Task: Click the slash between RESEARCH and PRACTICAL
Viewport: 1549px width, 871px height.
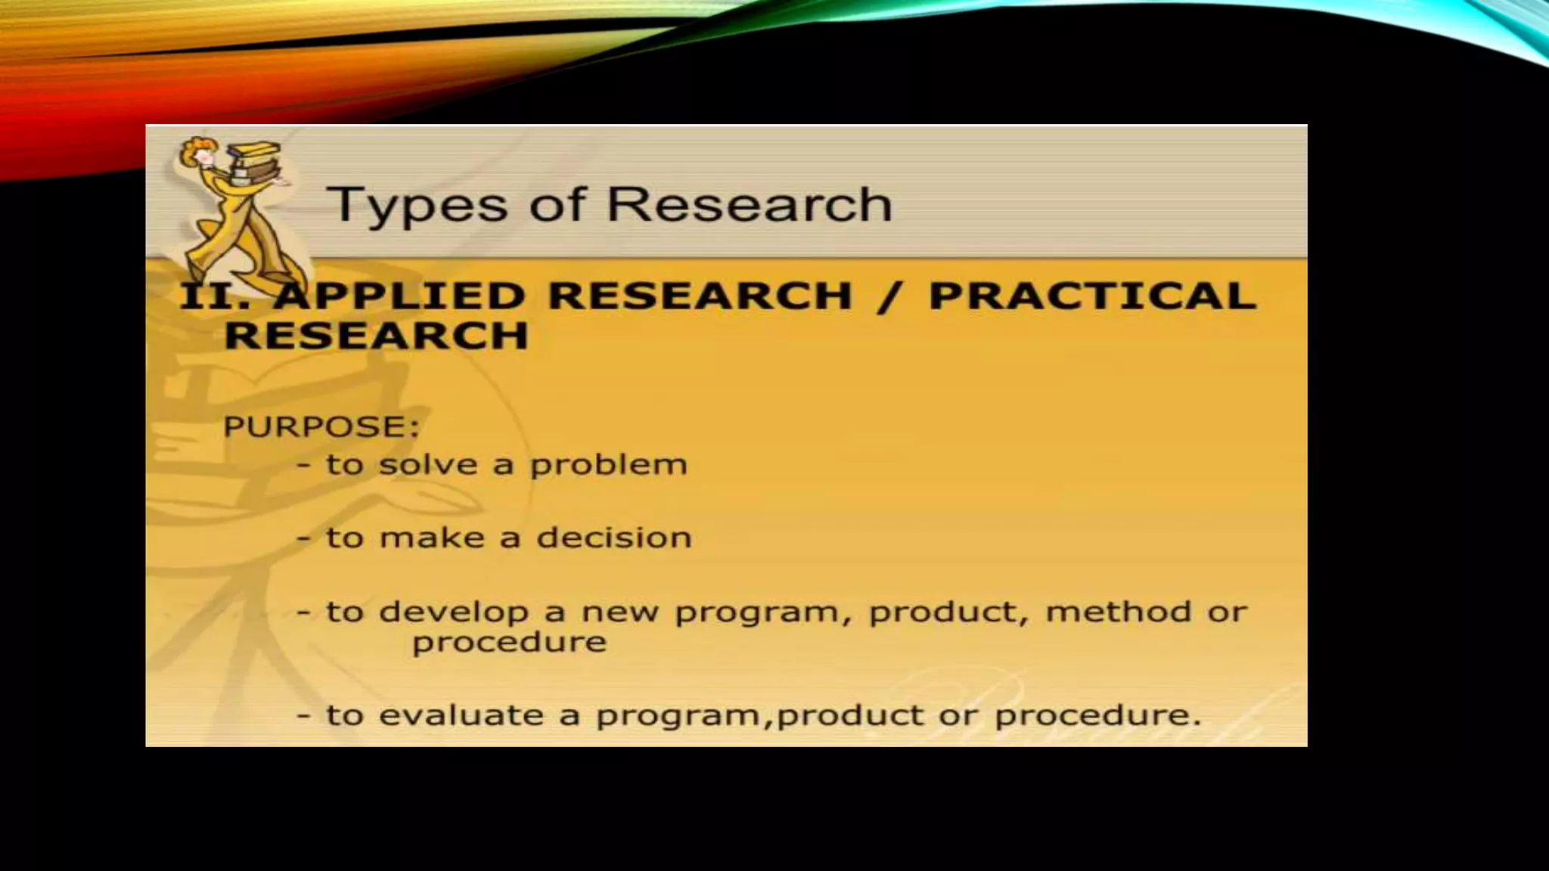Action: (x=889, y=296)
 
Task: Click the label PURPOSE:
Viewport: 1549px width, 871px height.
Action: (x=321, y=427)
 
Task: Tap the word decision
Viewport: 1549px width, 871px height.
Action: (x=613, y=538)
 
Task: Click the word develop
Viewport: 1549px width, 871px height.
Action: (x=453, y=612)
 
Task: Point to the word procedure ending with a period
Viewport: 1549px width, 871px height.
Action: (x=1097, y=715)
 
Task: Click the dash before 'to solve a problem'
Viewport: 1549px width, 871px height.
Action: (x=304, y=465)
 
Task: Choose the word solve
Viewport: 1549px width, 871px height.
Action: (x=428, y=464)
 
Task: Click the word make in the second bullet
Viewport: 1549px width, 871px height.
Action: (x=431, y=538)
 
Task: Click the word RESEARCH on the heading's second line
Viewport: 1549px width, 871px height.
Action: (x=376, y=336)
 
